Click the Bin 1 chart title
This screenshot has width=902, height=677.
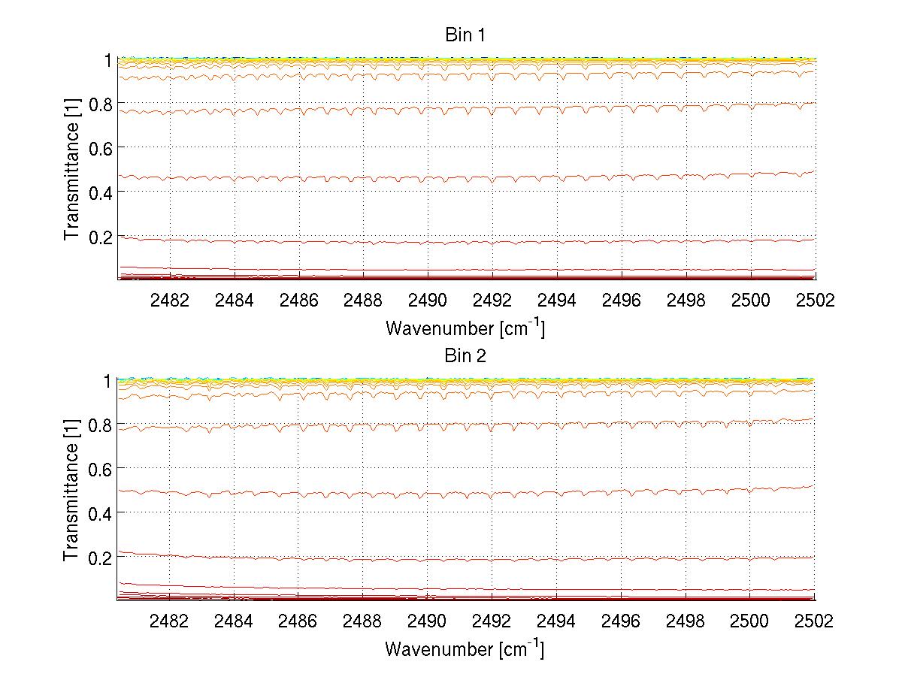pos(465,35)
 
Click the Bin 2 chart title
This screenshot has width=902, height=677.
pos(465,356)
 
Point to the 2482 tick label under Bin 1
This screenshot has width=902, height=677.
pos(170,300)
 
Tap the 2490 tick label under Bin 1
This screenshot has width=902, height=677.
pos(428,300)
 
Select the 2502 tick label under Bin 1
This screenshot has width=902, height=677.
pos(814,300)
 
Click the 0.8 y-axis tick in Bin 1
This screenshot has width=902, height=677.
pos(101,103)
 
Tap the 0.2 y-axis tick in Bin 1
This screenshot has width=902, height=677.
pos(101,236)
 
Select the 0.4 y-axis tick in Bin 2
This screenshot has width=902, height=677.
pos(101,512)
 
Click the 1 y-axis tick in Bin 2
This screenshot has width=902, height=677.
pos(108,380)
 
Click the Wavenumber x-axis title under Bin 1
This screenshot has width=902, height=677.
pos(465,328)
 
